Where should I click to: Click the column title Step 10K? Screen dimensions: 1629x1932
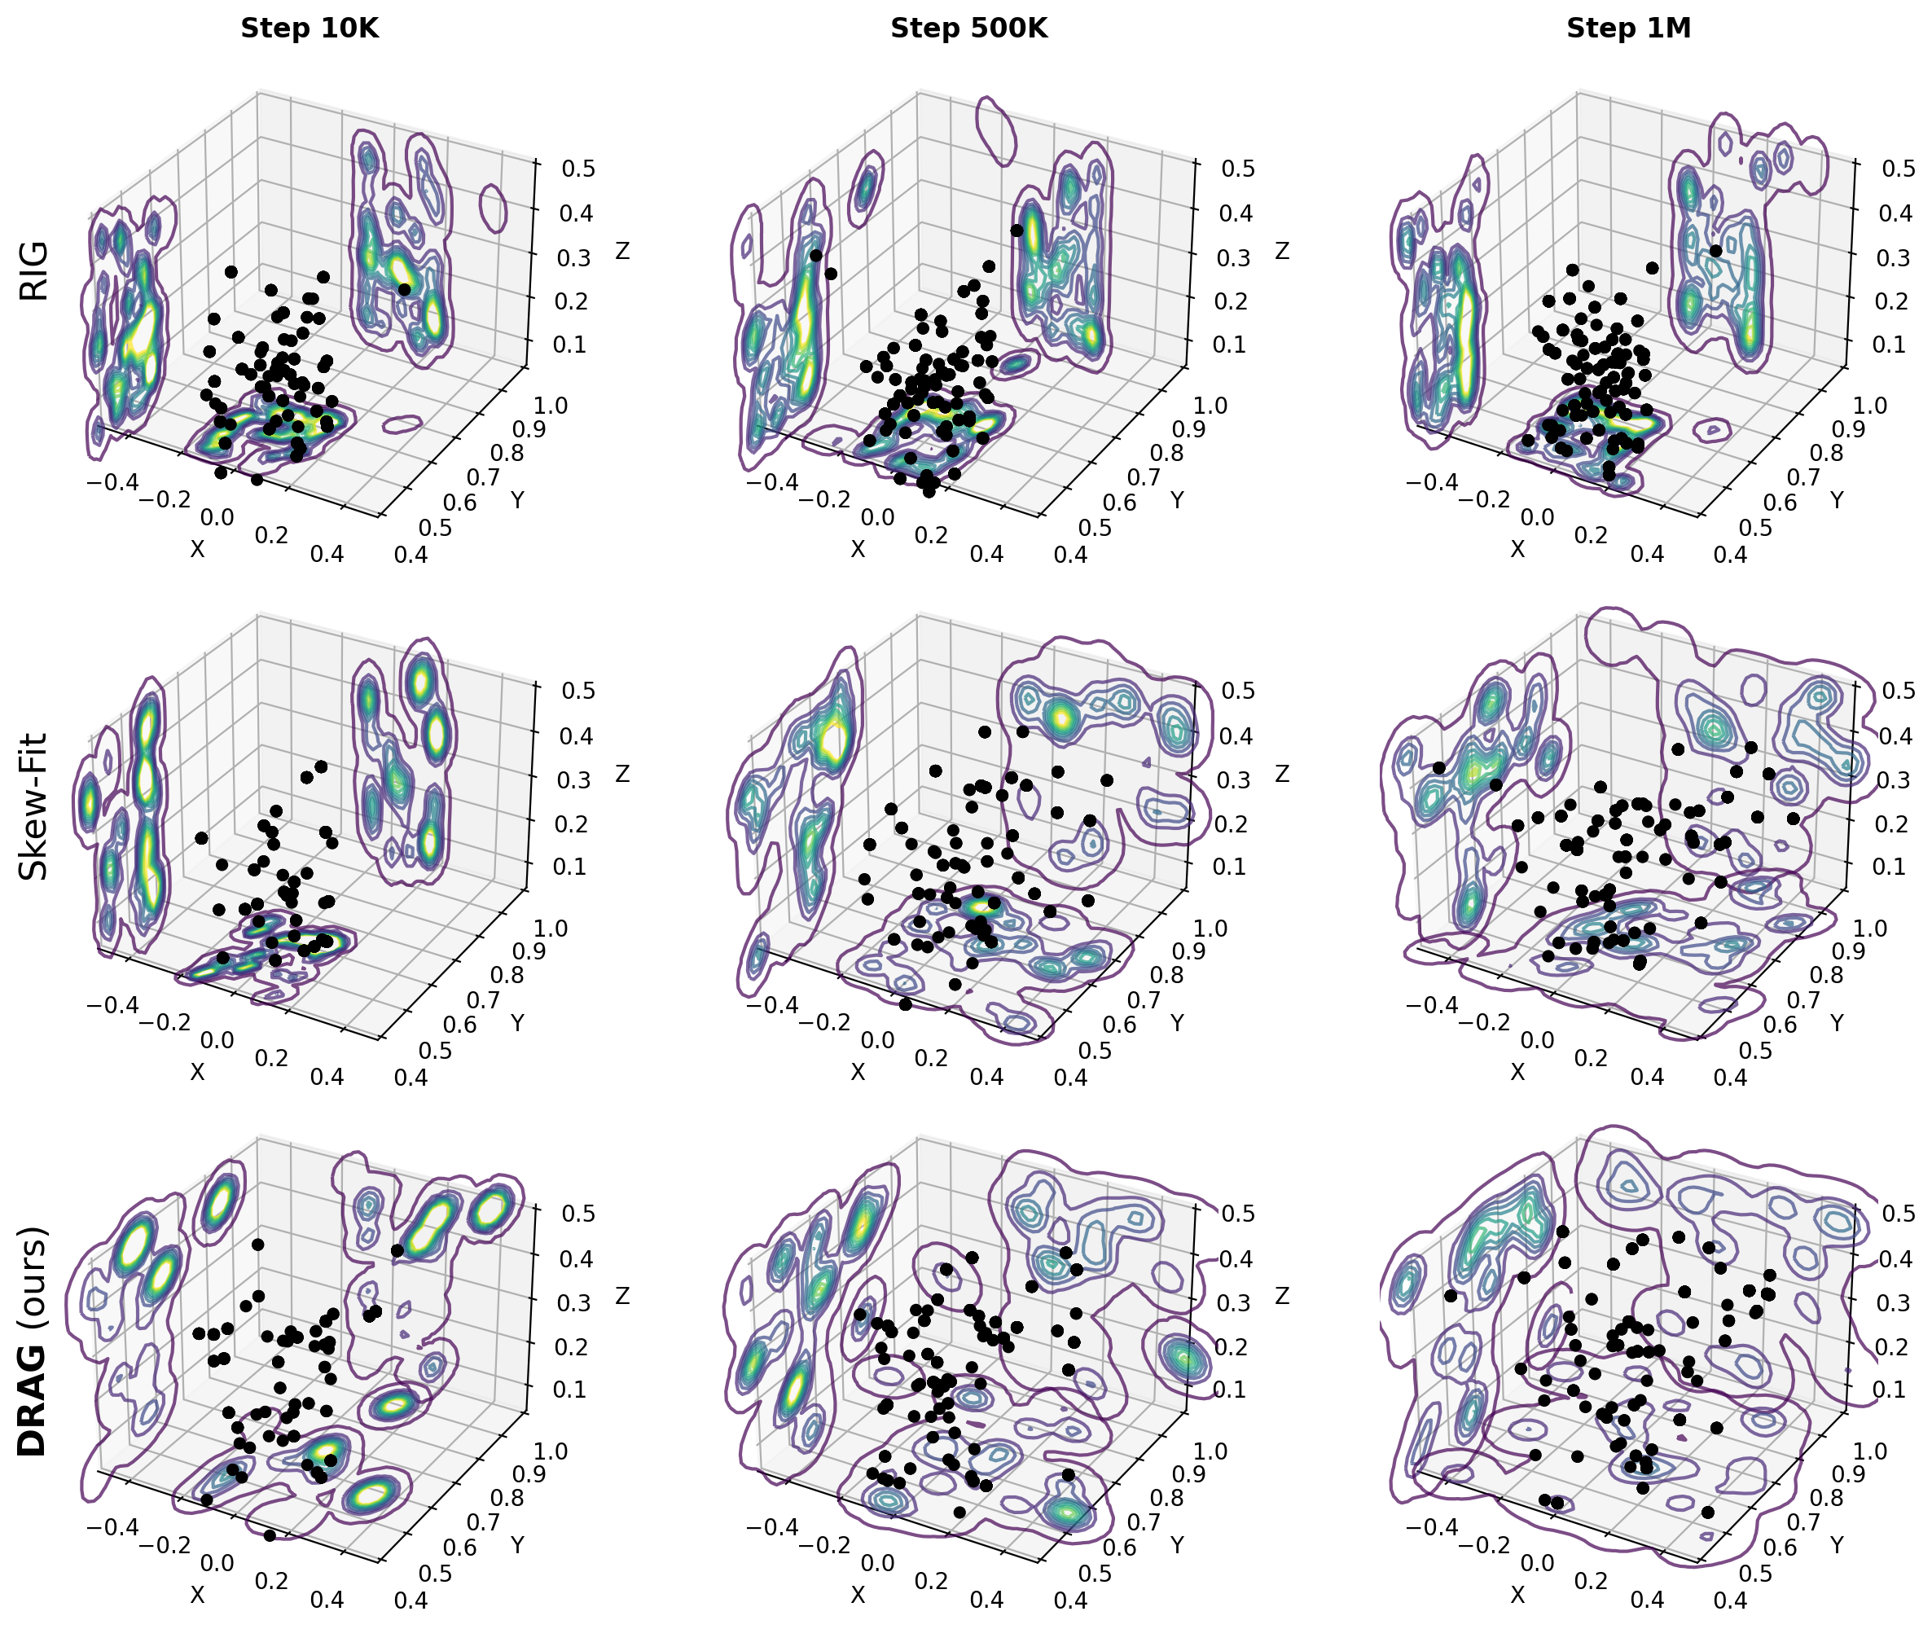coord(310,29)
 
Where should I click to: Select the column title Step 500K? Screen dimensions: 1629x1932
coord(968,29)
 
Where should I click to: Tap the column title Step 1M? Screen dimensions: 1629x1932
coord(1628,29)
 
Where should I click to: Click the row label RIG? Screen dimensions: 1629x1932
coord(34,270)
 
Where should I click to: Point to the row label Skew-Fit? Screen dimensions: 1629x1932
coord(34,806)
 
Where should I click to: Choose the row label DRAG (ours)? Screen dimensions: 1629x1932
coord(34,1341)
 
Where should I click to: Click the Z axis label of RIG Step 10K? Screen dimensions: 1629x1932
coord(622,251)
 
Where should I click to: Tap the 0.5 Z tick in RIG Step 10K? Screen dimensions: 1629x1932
coord(579,169)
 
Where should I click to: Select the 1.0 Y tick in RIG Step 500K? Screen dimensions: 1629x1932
coord(1210,406)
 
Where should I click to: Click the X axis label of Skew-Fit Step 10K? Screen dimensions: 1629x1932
coord(197,1072)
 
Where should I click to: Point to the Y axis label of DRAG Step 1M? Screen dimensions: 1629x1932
coord(1837,1545)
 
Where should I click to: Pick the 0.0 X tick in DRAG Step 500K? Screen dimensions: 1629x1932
coord(877,1564)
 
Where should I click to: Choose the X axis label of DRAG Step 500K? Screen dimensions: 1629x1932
coord(858,1595)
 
